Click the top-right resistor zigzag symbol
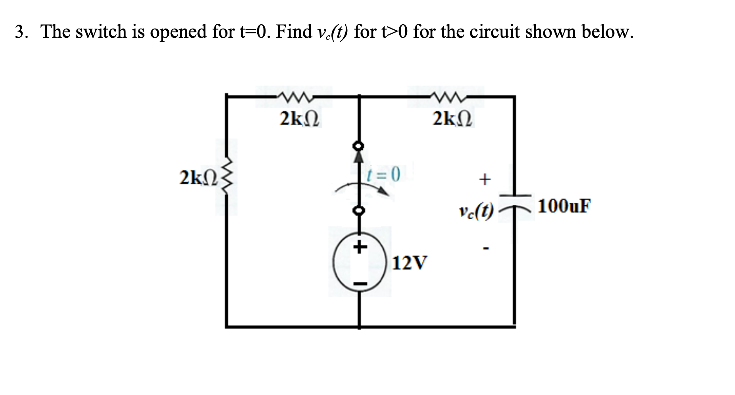(x=446, y=97)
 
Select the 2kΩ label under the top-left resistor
(x=300, y=119)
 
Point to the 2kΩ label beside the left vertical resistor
(x=197, y=178)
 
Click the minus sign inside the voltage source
(x=360, y=284)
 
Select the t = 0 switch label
(x=384, y=174)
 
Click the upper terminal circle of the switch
(x=359, y=146)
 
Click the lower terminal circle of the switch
(x=359, y=211)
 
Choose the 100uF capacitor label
(x=564, y=206)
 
